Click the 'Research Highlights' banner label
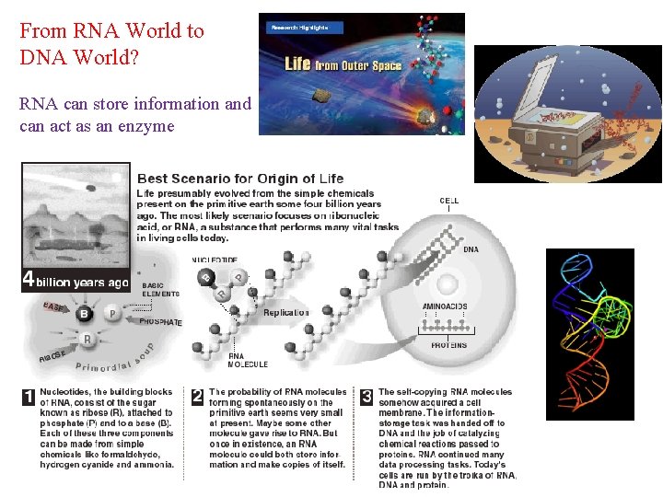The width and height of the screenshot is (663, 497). (297, 28)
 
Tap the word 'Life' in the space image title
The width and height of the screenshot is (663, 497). (297, 64)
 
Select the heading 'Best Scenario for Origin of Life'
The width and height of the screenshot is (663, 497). (240, 179)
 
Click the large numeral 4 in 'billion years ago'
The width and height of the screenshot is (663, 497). (29, 279)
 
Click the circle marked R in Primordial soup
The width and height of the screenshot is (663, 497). (88, 340)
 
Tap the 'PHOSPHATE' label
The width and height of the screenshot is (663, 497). (160, 322)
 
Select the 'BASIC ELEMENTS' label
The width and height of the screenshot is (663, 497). (160, 290)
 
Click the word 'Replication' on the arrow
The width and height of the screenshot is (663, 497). (286, 313)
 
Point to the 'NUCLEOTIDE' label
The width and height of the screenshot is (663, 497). (215, 260)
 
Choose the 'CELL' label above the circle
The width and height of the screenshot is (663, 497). (449, 201)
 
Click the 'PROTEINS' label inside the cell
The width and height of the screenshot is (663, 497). (449, 346)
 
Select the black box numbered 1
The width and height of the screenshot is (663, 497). (29, 398)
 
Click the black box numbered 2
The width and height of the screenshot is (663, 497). (197, 398)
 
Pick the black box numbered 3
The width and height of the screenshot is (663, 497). (366, 398)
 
